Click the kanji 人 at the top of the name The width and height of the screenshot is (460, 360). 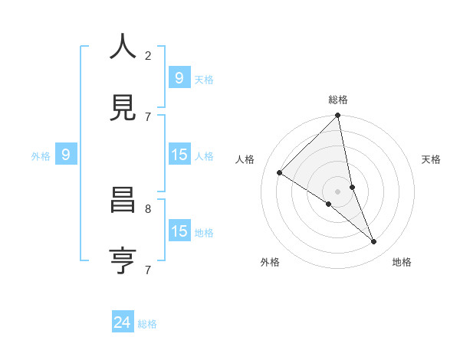[x=123, y=47]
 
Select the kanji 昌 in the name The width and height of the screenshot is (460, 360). [x=123, y=201]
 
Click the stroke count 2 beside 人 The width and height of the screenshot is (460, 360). [x=148, y=56]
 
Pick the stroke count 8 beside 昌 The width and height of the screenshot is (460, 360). [x=148, y=208]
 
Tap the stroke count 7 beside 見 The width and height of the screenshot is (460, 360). [x=148, y=116]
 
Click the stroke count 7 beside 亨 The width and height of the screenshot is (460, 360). [x=148, y=270]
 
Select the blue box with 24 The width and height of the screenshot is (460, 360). [x=122, y=323]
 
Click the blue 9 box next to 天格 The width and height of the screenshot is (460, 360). [x=179, y=78]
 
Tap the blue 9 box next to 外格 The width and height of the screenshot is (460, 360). [x=66, y=155]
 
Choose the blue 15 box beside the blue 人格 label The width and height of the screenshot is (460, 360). [x=179, y=155]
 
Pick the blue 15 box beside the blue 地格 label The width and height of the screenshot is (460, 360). [x=179, y=231]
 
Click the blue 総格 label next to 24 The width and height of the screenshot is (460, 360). [x=147, y=324]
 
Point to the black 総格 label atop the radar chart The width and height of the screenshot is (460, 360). [x=338, y=100]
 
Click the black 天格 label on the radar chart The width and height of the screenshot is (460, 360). [x=432, y=159]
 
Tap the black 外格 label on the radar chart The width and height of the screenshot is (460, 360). [x=269, y=262]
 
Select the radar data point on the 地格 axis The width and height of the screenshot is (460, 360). [x=374, y=242]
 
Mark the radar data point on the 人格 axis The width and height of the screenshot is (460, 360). [x=280, y=173]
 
